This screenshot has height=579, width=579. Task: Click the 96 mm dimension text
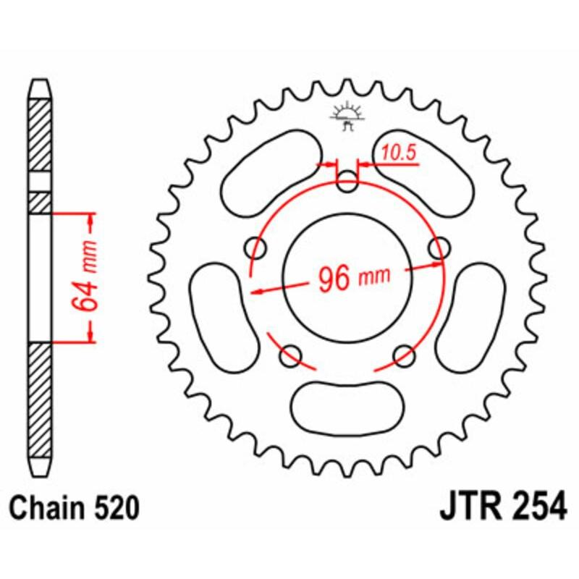click(x=352, y=278)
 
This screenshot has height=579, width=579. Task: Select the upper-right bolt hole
click(x=439, y=248)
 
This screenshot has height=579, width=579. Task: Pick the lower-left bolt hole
click(x=291, y=355)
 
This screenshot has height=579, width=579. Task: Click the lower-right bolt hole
click(x=405, y=355)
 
